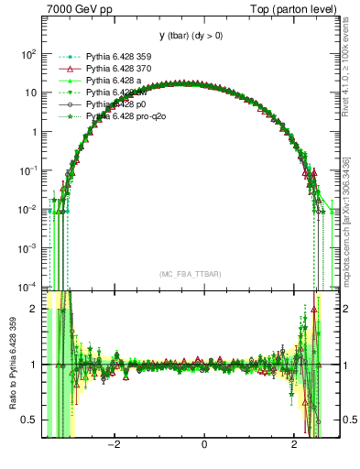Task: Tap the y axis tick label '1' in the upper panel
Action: [33, 132]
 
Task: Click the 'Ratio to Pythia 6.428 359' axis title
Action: [11, 365]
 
